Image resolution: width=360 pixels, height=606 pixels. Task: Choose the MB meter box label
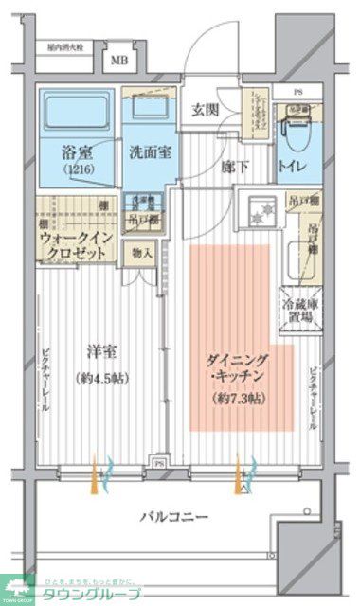click(x=119, y=61)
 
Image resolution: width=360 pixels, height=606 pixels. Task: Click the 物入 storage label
click(x=142, y=253)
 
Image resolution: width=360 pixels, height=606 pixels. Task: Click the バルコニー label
click(x=175, y=517)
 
